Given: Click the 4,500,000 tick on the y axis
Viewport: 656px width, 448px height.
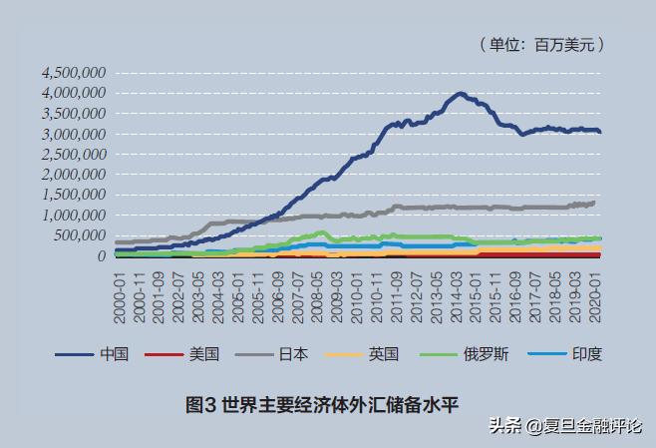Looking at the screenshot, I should coord(75,73).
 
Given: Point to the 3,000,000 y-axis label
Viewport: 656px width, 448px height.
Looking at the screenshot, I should coord(75,134).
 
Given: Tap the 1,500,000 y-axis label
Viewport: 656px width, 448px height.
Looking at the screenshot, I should coord(75,195).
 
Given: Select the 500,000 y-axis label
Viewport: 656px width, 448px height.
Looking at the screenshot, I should coord(80,235).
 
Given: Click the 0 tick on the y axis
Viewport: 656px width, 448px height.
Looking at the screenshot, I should coord(102,256).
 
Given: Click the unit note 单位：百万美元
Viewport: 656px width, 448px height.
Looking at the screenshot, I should coord(542,44).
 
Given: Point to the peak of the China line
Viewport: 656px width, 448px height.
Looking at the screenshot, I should coord(460,94).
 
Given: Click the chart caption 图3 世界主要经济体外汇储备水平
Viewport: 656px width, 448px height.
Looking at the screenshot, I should coord(328,404).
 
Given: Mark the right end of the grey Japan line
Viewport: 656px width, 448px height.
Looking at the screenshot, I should coord(595,203).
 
